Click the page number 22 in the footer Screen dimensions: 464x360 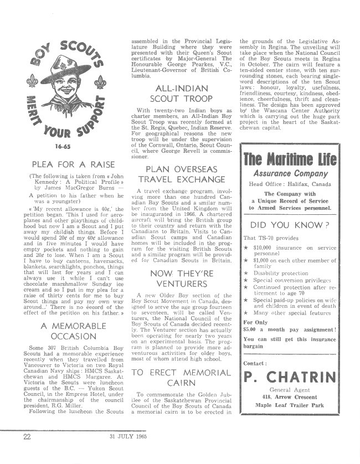click(x=26, y=452)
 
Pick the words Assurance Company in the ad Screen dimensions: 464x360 click(x=290, y=174)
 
